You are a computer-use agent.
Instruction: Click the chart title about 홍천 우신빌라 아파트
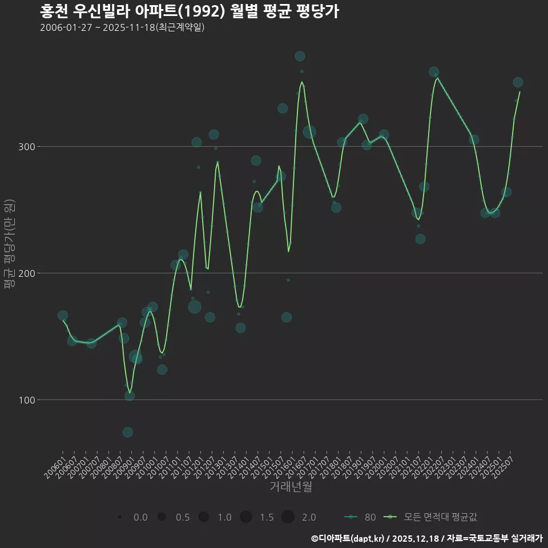tap(190, 11)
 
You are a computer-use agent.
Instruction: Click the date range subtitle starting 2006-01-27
tap(122, 28)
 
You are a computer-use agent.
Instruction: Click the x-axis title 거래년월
tap(291, 487)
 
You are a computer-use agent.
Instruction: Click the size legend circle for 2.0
tap(288, 517)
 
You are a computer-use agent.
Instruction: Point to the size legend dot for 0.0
tap(119, 517)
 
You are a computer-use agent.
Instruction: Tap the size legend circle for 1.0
tap(204, 517)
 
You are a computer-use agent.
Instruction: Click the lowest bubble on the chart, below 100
tap(128, 432)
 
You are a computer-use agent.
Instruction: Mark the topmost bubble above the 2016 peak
tap(300, 56)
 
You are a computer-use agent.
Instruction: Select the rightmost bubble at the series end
tap(518, 82)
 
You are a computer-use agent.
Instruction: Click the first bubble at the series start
tap(63, 316)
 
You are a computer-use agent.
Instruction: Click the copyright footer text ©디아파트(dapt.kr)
tap(348, 538)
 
